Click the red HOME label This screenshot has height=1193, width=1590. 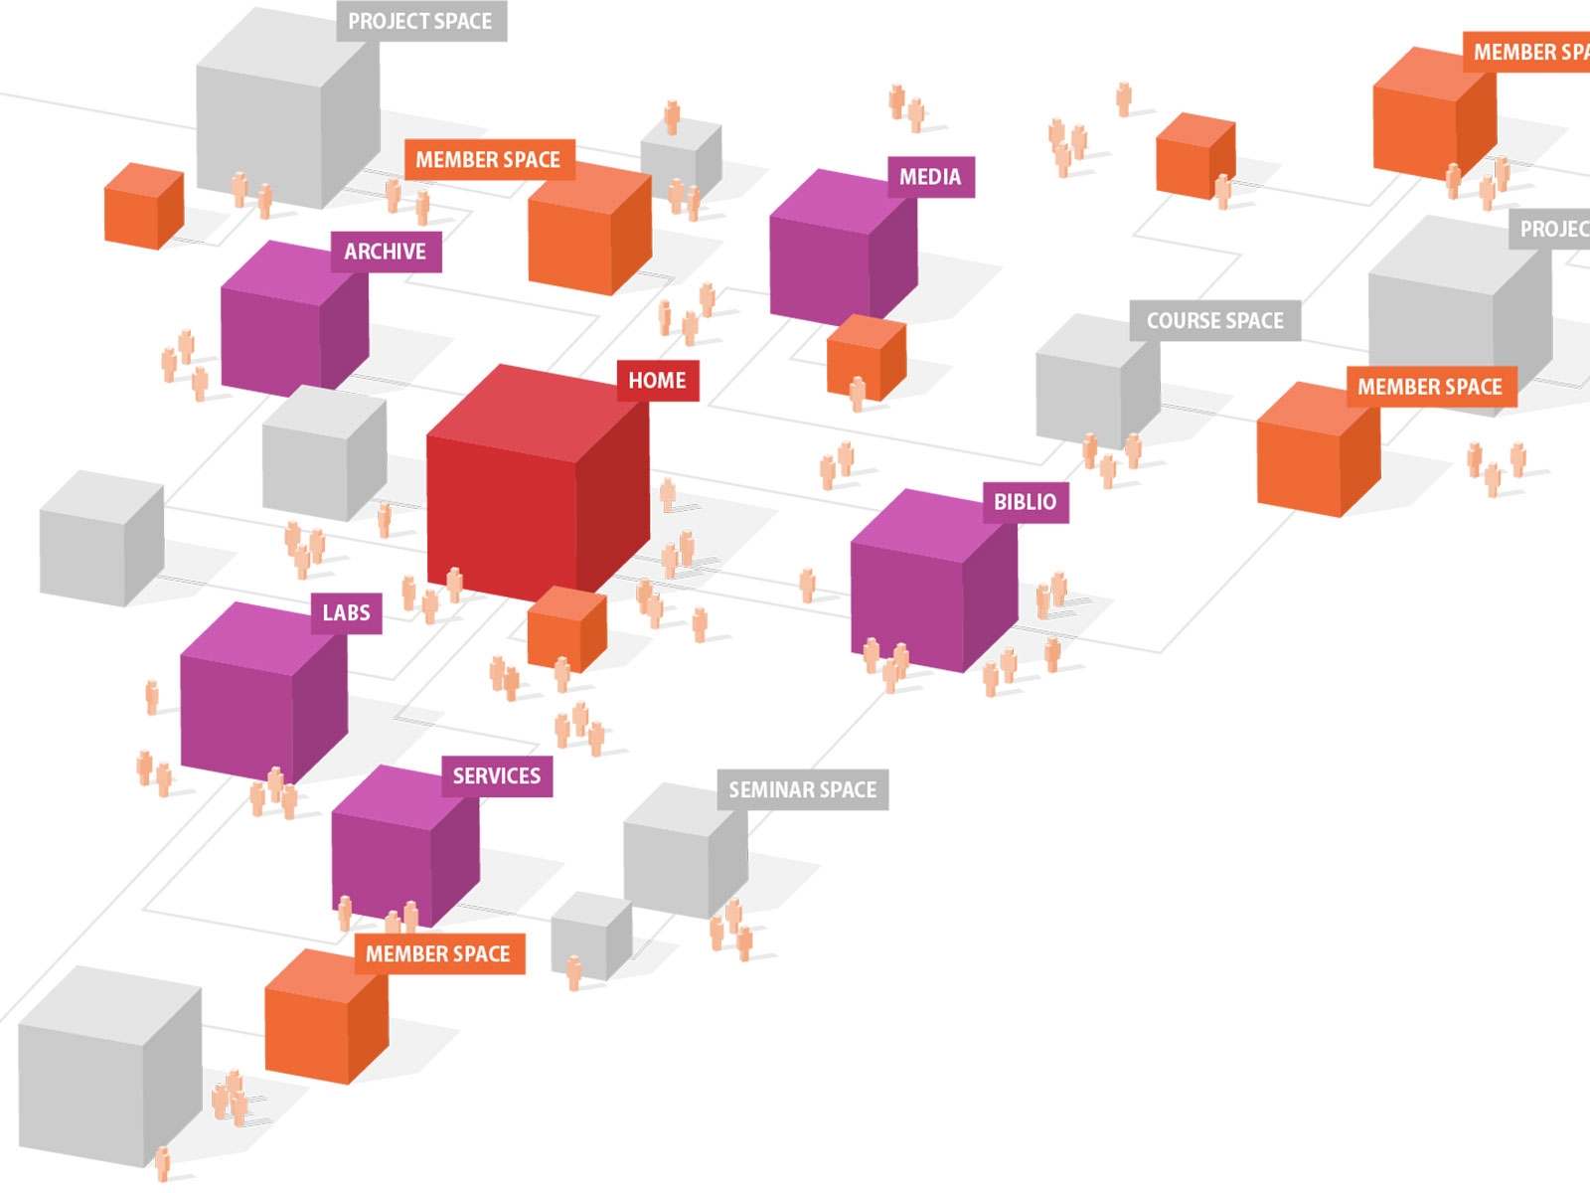pos(657,381)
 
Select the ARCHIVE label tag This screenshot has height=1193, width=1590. pos(386,252)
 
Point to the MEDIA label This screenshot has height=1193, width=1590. pos(930,177)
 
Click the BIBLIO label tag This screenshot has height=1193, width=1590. pos(1025,502)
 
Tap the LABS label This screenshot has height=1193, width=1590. pos(346,613)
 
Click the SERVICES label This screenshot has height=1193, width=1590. pos(497,776)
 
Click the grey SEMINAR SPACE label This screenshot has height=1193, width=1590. pos(802,790)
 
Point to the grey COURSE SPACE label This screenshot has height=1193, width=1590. pos(1214,321)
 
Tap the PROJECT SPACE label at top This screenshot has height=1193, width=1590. pos(420,21)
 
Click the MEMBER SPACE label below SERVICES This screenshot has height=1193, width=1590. pos(438,954)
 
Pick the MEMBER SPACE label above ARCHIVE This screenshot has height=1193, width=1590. pos(488,160)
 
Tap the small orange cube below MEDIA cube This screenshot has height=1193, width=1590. pos(866,358)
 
